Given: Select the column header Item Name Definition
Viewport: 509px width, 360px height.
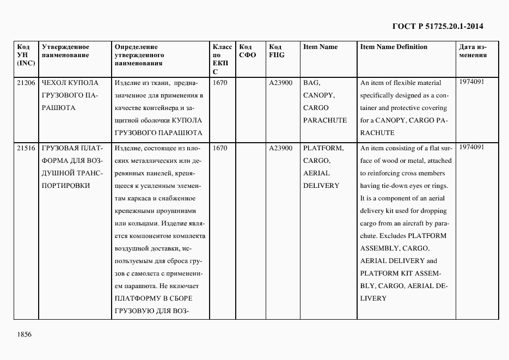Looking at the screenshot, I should [x=394, y=47].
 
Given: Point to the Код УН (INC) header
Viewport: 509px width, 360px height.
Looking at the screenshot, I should [x=26, y=55].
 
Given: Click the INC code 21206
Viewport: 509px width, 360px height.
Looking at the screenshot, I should [x=26, y=83].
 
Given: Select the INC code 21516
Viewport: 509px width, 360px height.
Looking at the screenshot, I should [x=26, y=148].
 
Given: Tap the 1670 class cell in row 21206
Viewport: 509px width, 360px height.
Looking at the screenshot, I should [x=220, y=83].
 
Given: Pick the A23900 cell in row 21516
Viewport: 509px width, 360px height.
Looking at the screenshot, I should [x=280, y=148].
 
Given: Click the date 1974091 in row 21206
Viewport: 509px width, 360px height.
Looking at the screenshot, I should [x=471, y=82].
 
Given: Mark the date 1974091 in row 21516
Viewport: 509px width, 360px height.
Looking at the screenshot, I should [x=471, y=147].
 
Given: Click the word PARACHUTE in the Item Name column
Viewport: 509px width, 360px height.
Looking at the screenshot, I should [x=324, y=120].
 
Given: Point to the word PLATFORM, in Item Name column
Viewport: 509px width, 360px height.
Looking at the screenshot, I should [x=323, y=148].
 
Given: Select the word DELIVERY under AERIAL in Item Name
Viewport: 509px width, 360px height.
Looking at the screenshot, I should [x=321, y=186].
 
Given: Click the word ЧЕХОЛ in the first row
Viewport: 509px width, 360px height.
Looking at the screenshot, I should [x=54, y=83].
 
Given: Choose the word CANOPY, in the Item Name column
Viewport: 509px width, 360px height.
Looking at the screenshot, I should [x=318, y=95].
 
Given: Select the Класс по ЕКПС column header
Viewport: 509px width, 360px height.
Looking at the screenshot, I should [x=222, y=59].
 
